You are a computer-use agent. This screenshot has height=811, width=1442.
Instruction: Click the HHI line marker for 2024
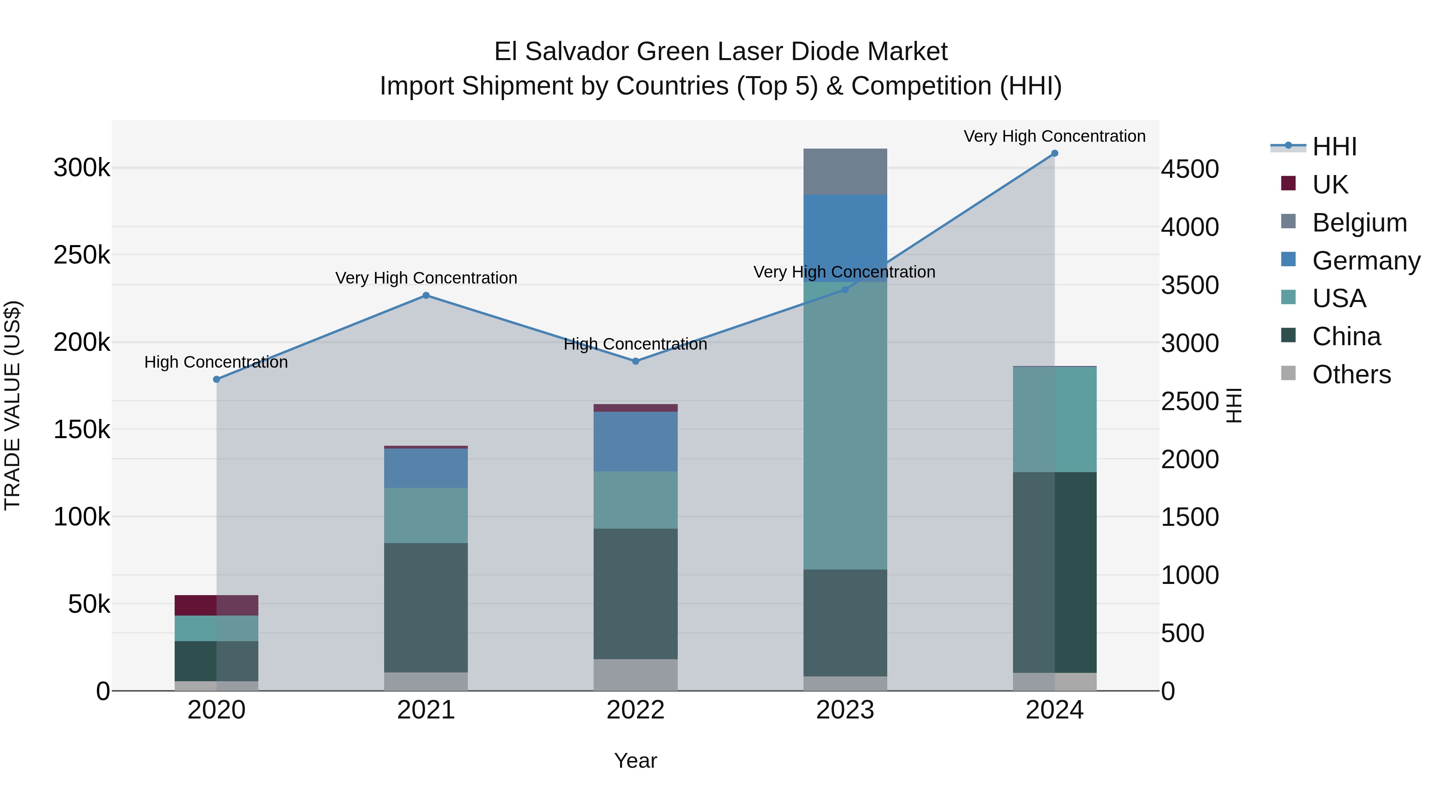tap(1055, 153)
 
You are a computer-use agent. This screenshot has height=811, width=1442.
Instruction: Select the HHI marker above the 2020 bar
tap(217, 380)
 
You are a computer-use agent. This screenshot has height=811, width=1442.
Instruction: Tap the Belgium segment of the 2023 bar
tap(845, 172)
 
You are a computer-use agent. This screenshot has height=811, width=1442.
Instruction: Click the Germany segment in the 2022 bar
tap(635, 442)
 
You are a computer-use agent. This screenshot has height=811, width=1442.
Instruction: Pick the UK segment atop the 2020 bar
tap(217, 606)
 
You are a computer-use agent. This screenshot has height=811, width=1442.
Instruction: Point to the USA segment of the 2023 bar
tap(845, 425)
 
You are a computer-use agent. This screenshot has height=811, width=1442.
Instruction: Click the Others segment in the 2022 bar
tap(635, 675)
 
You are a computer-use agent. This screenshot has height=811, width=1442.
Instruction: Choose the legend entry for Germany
tap(1366, 261)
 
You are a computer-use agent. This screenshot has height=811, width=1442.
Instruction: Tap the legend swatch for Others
tap(1288, 373)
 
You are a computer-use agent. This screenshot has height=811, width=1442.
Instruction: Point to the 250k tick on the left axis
tap(82, 255)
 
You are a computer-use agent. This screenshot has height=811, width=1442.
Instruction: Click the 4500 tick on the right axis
tap(1190, 169)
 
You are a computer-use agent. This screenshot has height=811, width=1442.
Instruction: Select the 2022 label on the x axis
tap(635, 710)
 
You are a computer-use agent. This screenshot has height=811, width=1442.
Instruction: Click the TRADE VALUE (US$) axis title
tap(12, 405)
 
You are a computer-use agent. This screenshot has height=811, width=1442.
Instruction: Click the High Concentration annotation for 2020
tap(216, 362)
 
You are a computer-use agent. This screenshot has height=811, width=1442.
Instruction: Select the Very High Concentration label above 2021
tap(426, 278)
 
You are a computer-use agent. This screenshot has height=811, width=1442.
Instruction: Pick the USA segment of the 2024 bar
tap(1055, 419)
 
